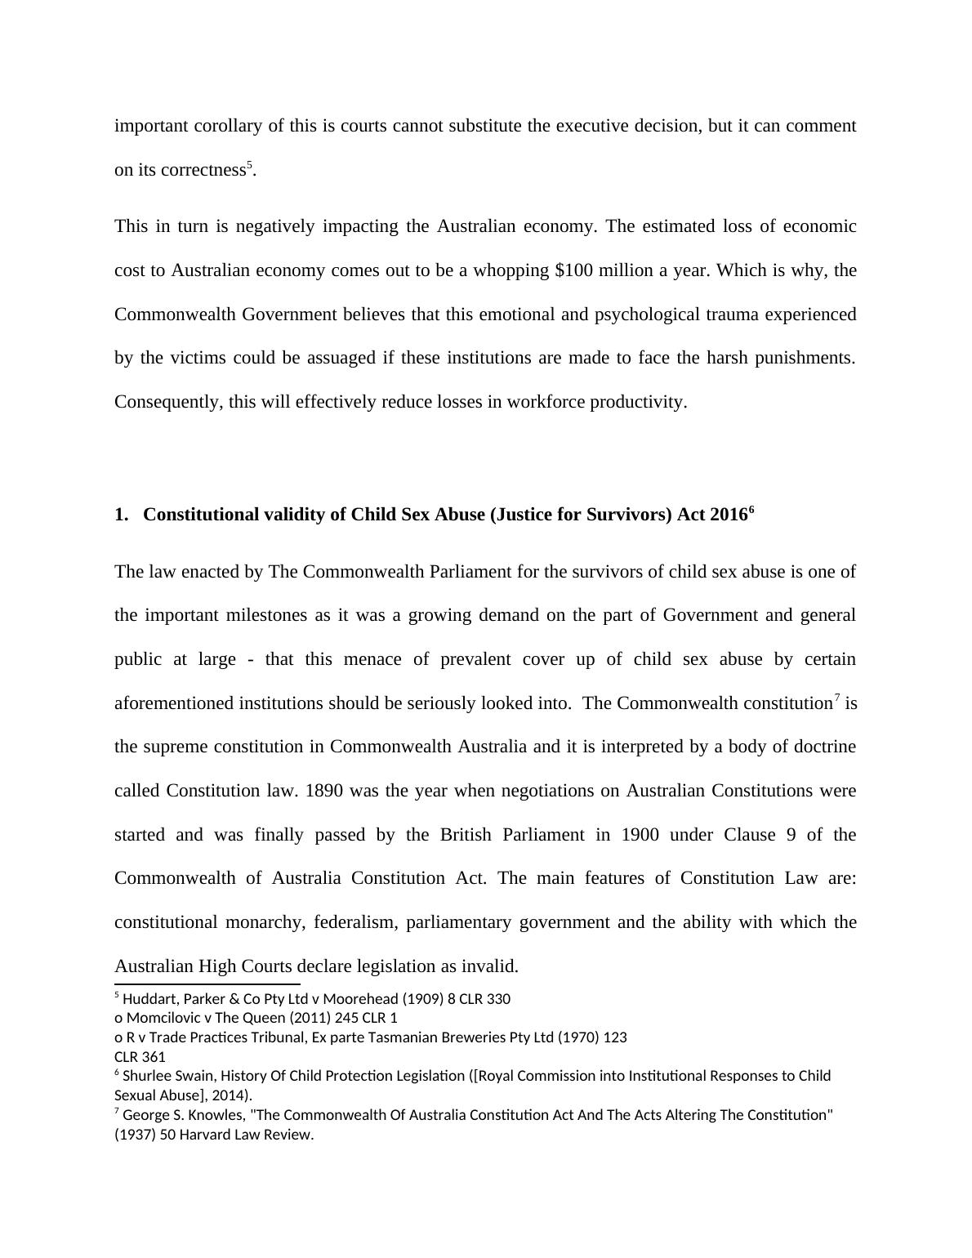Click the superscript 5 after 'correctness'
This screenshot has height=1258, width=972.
click(x=250, y=165)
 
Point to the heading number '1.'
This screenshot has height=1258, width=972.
click(x=122, y=515)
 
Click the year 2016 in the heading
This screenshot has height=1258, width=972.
click(x=729, y=515)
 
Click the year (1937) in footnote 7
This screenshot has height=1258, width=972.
click(x=135, y=1135)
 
